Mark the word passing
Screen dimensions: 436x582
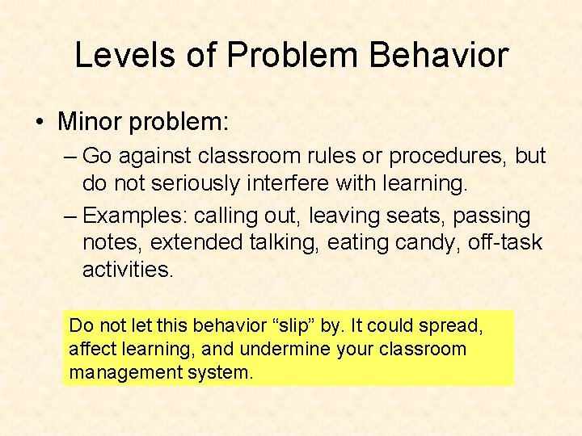tap(491, 216)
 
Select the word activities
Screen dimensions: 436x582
tap(128, 270)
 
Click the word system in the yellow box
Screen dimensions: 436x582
tap(226, 372)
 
